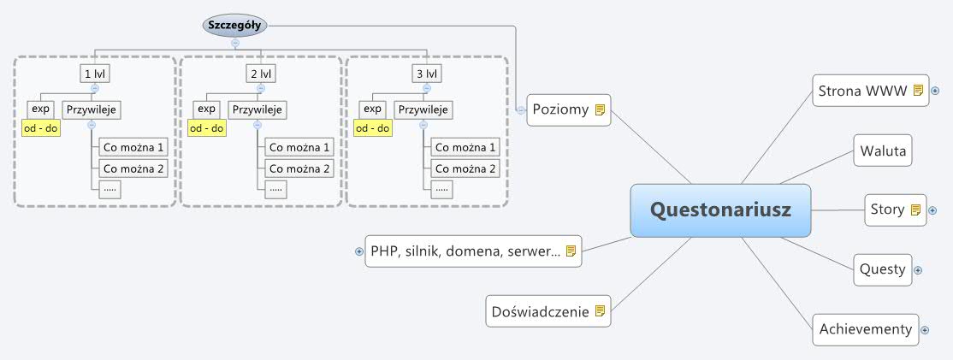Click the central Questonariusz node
coord(720,210)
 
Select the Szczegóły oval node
coord(234,25)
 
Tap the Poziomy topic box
coord(568,109)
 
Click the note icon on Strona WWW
coord(918,90)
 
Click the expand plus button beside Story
coord(932,210)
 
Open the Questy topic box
coord(882,269)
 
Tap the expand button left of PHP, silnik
coord(359,251)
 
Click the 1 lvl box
coord(94,74)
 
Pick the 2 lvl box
coord(260,74)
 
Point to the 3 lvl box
coord(426,74)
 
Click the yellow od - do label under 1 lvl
coord(40,128)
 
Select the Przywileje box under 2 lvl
coord(257,109)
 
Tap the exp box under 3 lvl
coord(371,109)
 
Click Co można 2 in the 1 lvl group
coord(133,168)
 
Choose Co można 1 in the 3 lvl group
coord(465,147)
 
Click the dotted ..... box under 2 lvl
coord(276,189)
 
